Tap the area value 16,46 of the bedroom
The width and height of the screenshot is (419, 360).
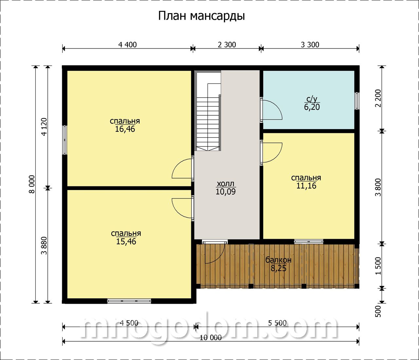click(125, 129)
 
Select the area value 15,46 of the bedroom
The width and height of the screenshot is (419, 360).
click(126, 241)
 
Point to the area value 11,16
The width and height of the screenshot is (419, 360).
click(306, 186)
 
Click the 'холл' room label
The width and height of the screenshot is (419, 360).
click(226, 184)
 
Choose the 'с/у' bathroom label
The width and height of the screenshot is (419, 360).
click(312, 99)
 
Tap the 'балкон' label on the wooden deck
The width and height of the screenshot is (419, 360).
click(278, 260)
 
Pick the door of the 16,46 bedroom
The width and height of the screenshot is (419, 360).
click(181, 168)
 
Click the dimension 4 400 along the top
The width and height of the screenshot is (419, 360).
click(128, 45)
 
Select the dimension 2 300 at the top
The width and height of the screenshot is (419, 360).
click(227, 45)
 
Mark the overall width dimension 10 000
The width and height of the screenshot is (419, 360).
click(210, 338)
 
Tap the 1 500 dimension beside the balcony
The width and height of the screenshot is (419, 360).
click(378, 266)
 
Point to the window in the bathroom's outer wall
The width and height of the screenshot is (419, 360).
click(357, 101)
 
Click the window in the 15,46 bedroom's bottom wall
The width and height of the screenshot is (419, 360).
click(129, 301)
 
